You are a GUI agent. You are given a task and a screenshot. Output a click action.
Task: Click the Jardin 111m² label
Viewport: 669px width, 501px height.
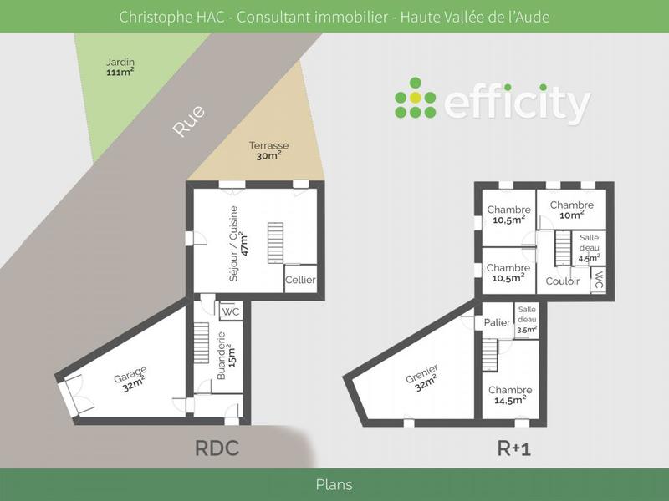[120, 67]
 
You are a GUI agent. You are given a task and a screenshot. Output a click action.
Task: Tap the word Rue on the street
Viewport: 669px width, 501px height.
[189, 122]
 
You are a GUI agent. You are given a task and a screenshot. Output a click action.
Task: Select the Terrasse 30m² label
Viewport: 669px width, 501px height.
[268, 150]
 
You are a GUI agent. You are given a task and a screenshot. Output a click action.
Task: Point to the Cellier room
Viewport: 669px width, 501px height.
[300, 280]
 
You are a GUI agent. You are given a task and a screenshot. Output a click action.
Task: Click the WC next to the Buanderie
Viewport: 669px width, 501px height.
[231, 311]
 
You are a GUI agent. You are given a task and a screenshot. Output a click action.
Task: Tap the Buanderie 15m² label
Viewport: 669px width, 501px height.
[226, 357]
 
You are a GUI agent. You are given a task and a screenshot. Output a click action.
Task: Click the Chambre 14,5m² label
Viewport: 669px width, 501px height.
[510, 395]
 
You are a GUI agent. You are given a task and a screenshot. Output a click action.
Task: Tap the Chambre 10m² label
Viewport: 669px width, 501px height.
[572, 210]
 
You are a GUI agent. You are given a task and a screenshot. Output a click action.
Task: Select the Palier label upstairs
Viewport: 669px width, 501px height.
[497, 323]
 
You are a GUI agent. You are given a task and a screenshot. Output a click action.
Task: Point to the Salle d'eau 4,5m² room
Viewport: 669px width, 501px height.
[589, 249]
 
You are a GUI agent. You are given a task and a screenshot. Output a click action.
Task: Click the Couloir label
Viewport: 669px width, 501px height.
[563, 281]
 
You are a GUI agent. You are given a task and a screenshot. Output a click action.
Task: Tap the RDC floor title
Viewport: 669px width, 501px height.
[217, 448]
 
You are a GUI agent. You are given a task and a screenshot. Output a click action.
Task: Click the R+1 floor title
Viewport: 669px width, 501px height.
[514, 449]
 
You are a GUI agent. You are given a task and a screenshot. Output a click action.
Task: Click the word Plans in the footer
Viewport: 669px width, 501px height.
[334, 484]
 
